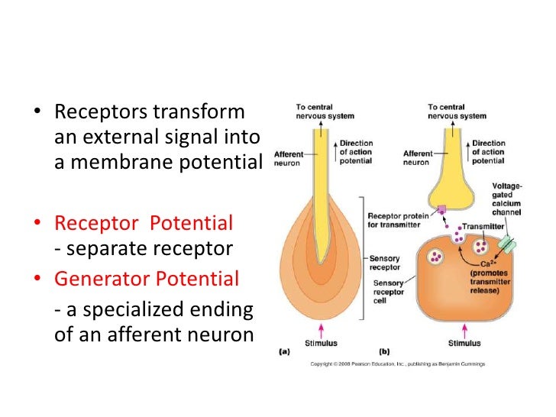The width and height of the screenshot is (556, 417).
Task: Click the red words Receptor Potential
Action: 144,224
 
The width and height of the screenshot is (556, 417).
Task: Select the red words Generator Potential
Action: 146,279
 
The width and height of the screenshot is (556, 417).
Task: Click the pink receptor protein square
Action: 441,208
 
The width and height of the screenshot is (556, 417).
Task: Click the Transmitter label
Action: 483,227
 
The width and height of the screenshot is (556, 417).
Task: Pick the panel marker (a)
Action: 283,352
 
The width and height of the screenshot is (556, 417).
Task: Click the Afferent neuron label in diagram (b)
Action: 419,157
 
